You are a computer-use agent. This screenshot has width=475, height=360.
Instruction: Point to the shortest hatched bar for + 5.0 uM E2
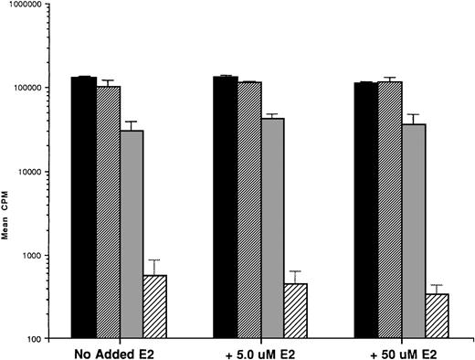click(296, 312)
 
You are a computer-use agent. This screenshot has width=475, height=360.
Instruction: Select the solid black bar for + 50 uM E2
click(366, 211)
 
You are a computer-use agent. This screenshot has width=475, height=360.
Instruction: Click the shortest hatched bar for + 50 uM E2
click(438, 317)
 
